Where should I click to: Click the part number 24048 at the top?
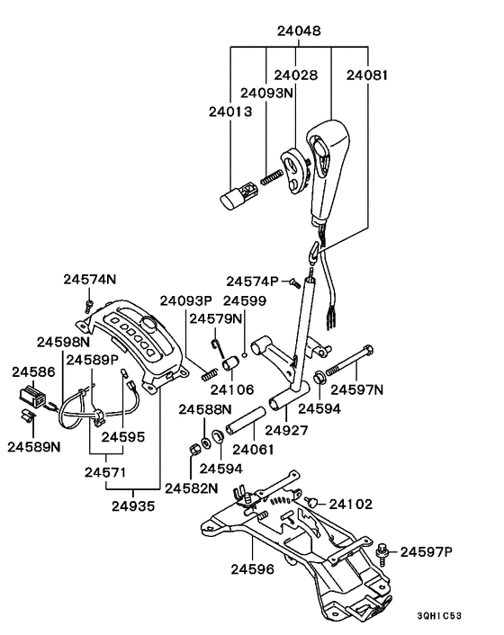point(299,31)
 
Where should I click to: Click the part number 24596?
point(253,568)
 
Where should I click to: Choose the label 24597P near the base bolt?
point(429,550)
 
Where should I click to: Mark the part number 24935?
point(132,505)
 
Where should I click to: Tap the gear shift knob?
point(324,171)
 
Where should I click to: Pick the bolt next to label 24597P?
point(384,548)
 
